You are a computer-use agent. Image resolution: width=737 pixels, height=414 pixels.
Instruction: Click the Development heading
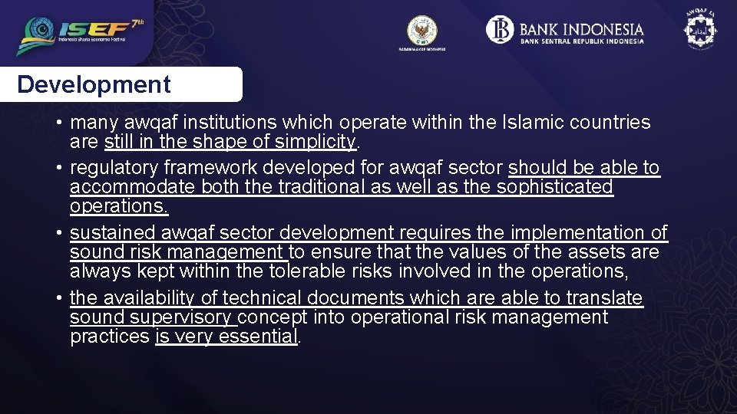pos(94,84)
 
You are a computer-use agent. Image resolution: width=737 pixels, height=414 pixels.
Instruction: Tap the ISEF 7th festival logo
pos(81,35)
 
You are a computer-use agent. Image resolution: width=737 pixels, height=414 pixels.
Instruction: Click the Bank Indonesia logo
pos(566,31)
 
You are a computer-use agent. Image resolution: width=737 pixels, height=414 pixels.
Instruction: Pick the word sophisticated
pos(554,187)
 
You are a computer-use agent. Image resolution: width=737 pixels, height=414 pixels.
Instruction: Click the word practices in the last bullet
pos(109,337)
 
